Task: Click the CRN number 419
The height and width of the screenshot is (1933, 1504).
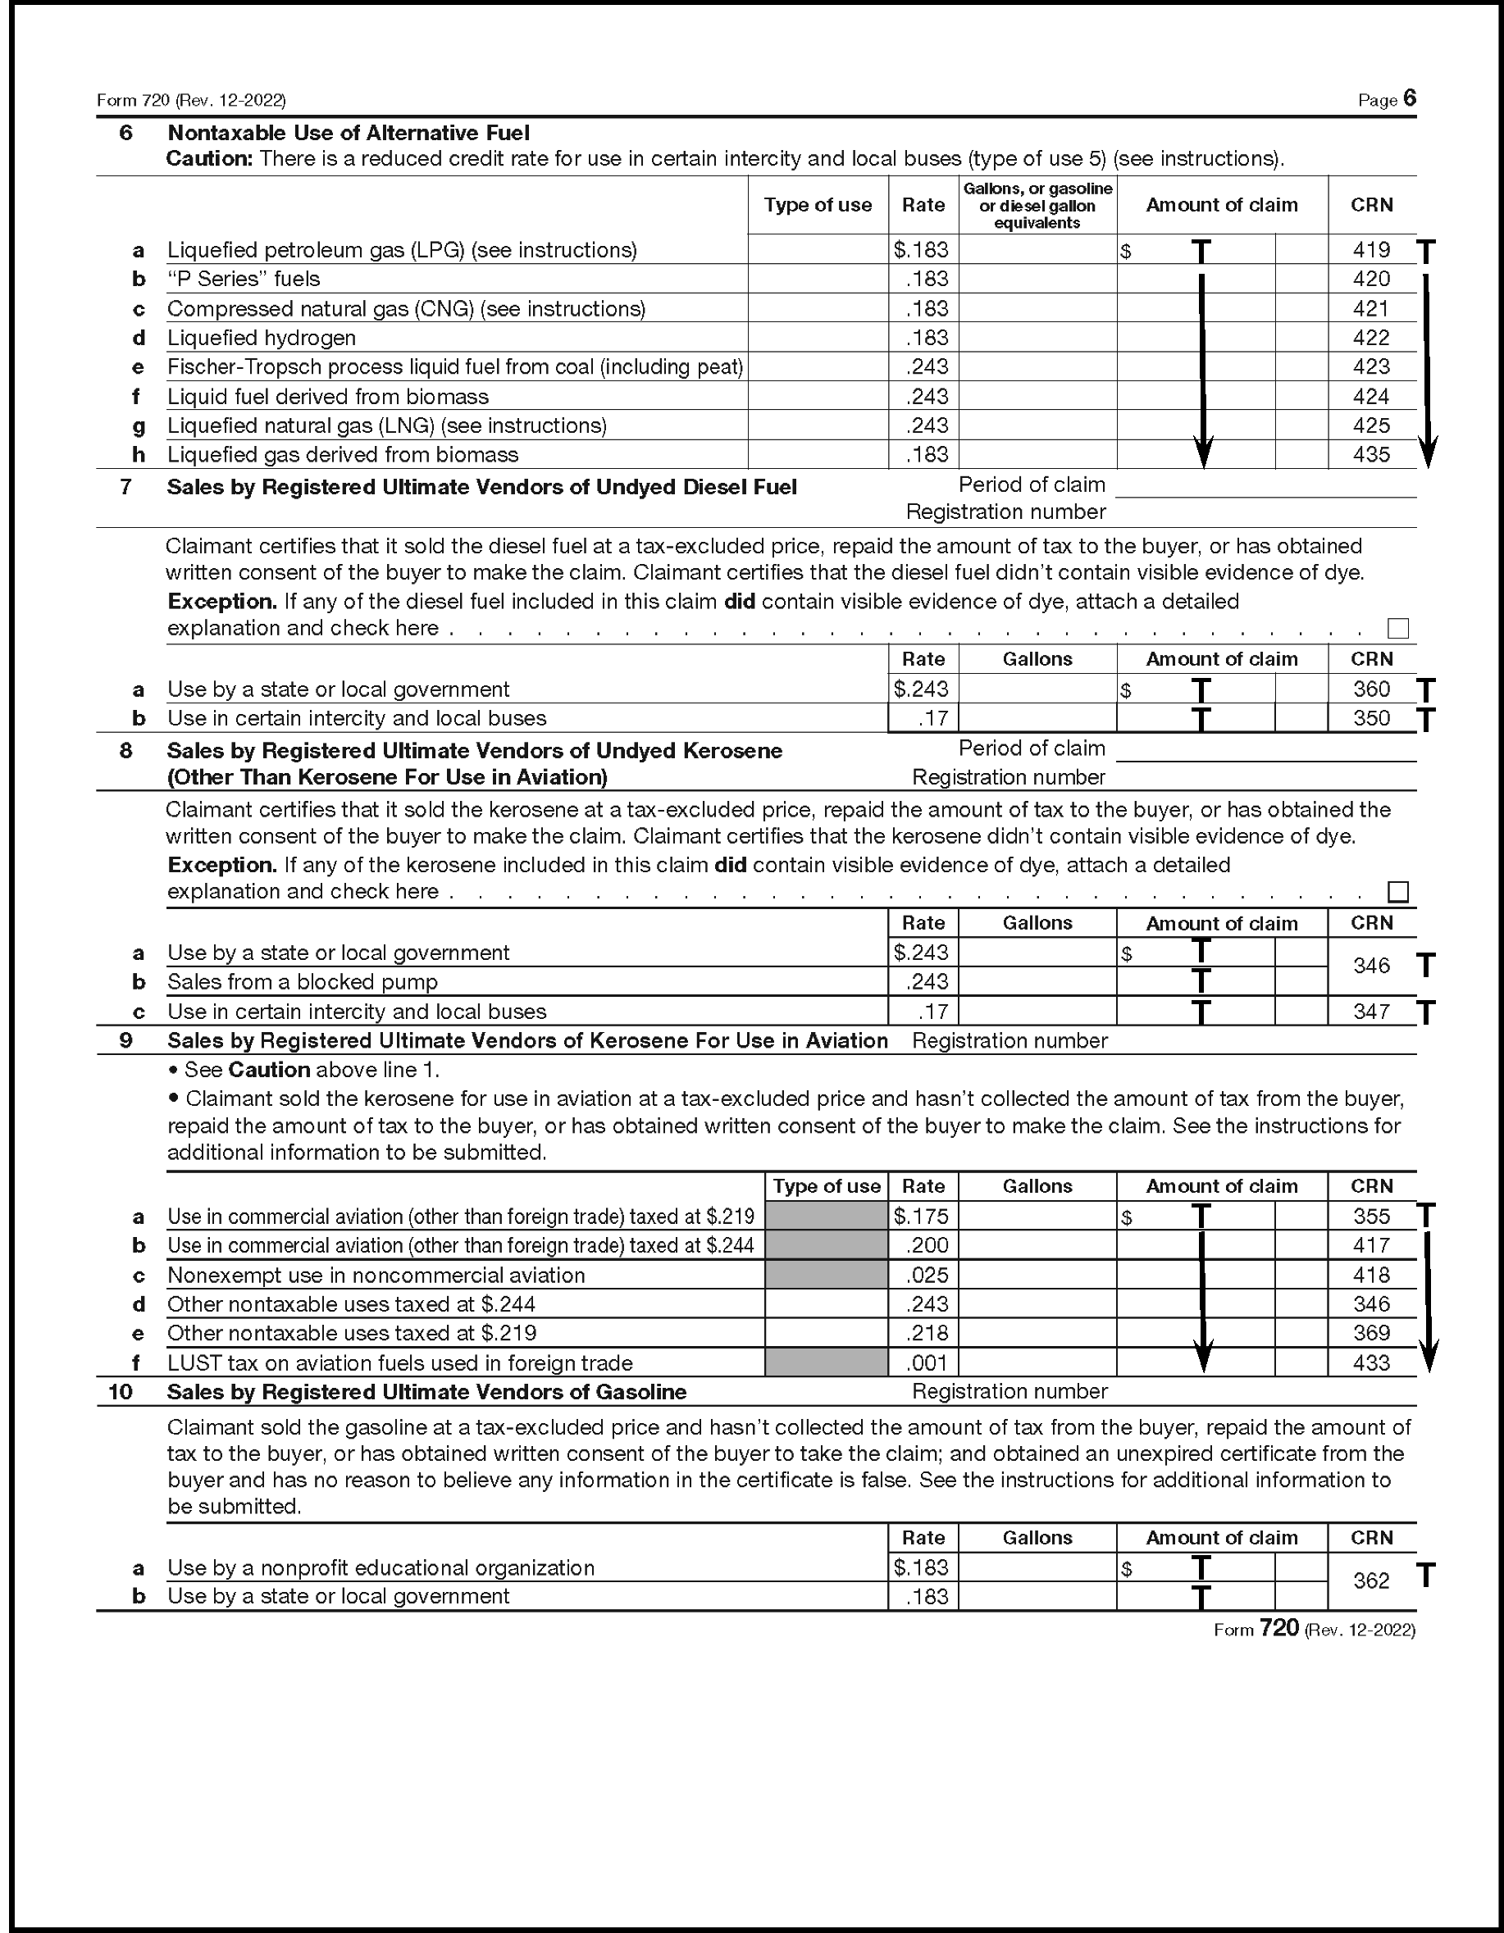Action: click(x=1370, y=251)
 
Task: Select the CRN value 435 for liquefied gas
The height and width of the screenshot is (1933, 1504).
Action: click(x=1370, y=455)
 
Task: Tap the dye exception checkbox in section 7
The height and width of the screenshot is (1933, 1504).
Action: click(x=1397, y=629)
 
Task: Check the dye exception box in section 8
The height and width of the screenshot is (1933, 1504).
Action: click(x=1397, y=891)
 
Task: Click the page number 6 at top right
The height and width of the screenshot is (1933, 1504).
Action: click(x=1409, y=98)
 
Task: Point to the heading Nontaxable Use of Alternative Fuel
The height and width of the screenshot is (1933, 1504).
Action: click(x=348, y=133)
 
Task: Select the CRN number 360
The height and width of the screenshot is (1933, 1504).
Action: click(x=1370, y=689)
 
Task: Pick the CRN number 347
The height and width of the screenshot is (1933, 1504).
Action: click(x=1370, y=1011)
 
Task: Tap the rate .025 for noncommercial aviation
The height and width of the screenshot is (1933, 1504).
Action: click(x=926, y=1275)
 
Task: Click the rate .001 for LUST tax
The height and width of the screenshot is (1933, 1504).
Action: click(x=926, y=1362)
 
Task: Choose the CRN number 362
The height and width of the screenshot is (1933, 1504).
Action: click(x=1370, y=1581)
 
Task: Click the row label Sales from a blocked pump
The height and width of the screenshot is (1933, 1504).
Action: click(x=302, y=981)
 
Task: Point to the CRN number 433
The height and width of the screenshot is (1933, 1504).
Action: click(x=1370, y=1362)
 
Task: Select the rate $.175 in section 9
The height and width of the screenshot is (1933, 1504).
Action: click(x=921, y=1216)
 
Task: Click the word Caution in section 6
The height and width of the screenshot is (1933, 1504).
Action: click(x=209, y=159)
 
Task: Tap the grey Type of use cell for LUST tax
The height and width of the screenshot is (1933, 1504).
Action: click(x=825, y=1362)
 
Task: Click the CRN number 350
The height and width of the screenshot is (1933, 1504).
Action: click(x=1370, y=718)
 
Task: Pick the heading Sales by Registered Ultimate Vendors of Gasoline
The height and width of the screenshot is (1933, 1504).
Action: click(x=426, y=1391)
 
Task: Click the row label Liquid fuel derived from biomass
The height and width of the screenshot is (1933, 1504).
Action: click(x=327, y=397)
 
